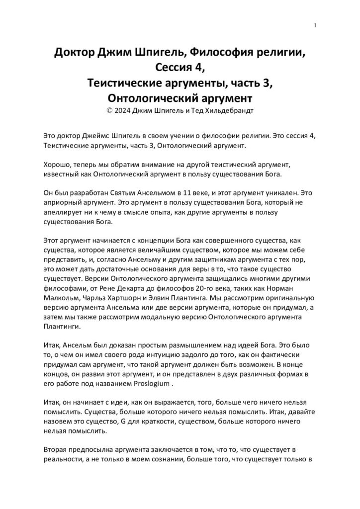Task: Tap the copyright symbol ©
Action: coord(109,110)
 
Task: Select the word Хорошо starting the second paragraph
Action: coord(57,165)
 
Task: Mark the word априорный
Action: coord(62,204)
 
